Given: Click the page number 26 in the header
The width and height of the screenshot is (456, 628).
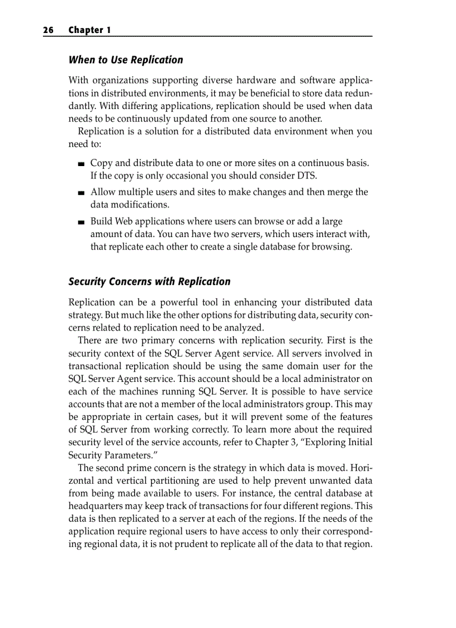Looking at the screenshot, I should coord(48,30).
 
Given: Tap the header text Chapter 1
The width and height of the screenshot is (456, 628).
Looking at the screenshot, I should coord(89,30).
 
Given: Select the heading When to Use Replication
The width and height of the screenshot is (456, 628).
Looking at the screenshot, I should coord(126,60).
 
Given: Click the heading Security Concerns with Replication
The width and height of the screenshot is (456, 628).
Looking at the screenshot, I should coord(149,281).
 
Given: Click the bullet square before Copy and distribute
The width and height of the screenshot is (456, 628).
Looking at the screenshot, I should coord(82,164).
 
